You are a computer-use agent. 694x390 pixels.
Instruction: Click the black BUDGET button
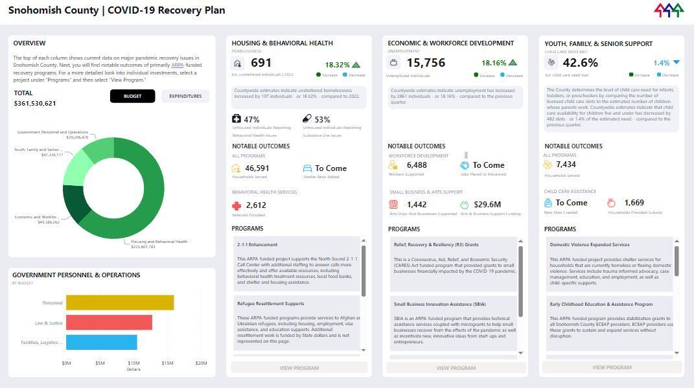(132, 96)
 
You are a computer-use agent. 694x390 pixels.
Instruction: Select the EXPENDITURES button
(185, 96)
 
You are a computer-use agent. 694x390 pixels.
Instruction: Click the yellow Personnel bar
(120, 303)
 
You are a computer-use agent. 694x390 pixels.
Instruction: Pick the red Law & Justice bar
(109, 323)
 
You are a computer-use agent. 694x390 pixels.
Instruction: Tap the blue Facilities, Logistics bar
(101, 342)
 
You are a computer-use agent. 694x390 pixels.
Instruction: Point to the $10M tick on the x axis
(133, 363)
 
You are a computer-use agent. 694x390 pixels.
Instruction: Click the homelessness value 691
(261, 63)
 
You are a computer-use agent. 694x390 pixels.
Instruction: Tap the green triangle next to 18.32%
(356, 65)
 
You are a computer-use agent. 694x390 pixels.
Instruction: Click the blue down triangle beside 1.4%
(676, 63)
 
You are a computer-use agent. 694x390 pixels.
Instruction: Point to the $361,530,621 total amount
(35, 104)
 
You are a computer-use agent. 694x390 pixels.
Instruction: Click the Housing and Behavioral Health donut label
(159, 242)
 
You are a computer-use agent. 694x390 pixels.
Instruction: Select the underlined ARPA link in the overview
(178, 65)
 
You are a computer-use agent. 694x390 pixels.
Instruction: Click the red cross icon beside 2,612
(237, 205)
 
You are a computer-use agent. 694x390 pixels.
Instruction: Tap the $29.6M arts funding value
(487, 205)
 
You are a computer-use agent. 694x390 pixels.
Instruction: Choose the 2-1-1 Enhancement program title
(257, 245)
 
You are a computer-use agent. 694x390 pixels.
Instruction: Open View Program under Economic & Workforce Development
(456, 368)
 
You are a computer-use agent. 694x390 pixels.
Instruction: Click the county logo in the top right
(668, 10)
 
